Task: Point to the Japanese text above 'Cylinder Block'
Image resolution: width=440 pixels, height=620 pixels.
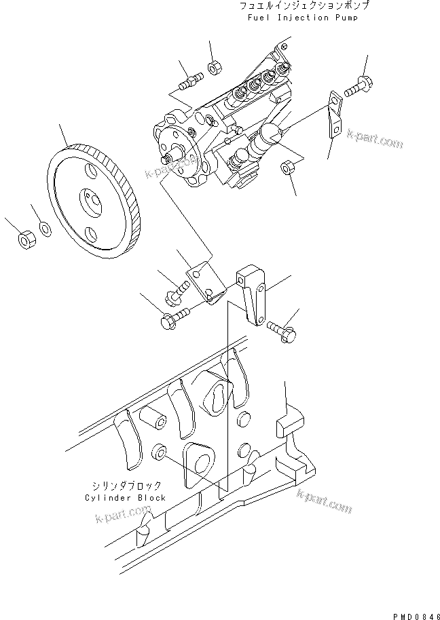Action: pos(126,486)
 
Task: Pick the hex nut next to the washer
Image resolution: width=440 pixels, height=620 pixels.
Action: pos(25,239)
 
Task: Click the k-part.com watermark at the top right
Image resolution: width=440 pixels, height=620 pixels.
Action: pos(373,139)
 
